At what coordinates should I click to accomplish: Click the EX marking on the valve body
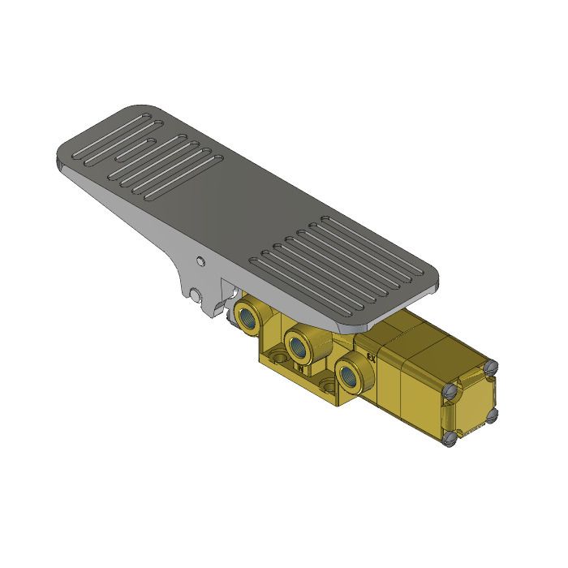point(372,354)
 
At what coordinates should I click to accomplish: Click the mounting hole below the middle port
point(327,383)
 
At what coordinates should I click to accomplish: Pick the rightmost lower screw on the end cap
point(491,415)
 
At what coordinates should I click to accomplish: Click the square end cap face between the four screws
point(471,403)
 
